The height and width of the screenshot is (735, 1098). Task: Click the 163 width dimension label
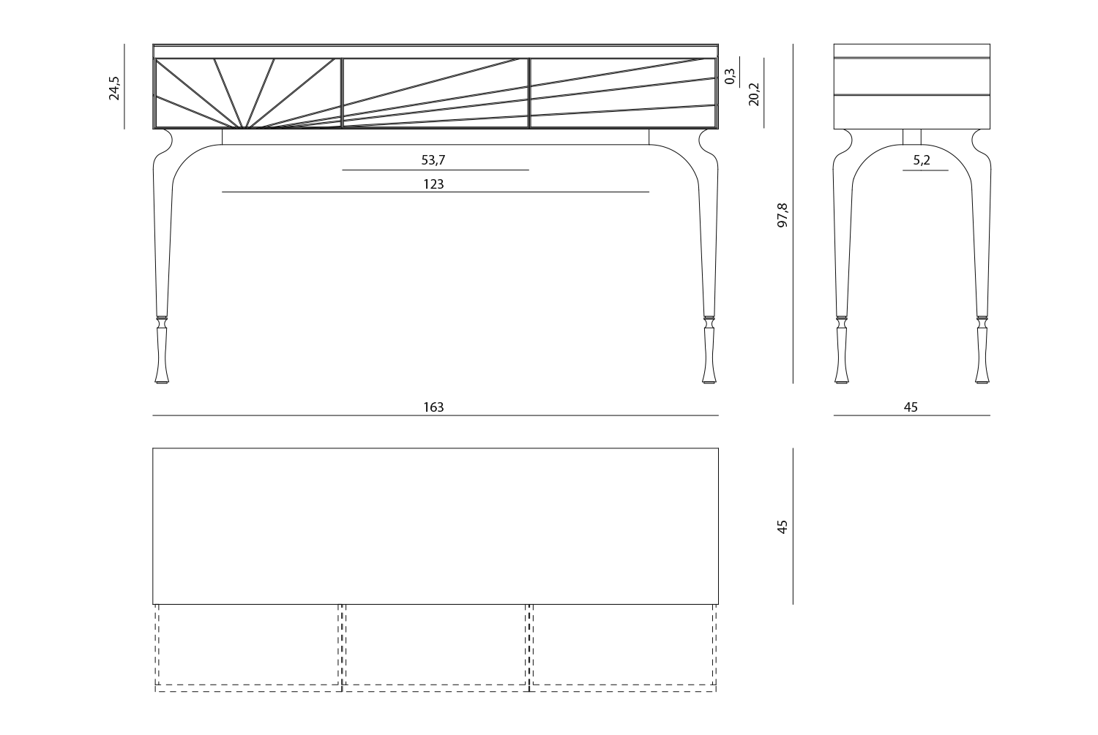click(x=433, y=407)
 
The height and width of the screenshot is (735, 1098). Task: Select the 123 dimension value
click(x=433, y=184)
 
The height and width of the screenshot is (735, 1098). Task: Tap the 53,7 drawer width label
click(x=433, y=160)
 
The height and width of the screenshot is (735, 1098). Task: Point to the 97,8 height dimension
click(x=783, y=214)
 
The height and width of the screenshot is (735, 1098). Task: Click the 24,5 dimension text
click(x=113, y=88)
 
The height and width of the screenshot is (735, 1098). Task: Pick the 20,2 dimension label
click(x=754, y=94)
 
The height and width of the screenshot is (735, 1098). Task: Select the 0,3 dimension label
click(x=730, y=76)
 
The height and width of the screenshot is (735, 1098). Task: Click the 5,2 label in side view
click(x=922, y=160)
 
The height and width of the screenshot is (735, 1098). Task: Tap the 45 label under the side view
click(x=911, y=407)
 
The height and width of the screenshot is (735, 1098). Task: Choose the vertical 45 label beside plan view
click(x=783, y=527)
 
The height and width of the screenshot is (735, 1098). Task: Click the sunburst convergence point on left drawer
click(x=244, y=127)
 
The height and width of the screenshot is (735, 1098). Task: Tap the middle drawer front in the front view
click(x=436, y=93)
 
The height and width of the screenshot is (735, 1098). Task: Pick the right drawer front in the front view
click(x=623, y=93)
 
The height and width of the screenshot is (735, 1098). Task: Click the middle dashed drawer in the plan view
click(x=436, y=647)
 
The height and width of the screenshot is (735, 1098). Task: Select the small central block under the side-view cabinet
click(x=912, y=137)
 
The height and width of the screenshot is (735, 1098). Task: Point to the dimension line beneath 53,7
click(x=436, y=170)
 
